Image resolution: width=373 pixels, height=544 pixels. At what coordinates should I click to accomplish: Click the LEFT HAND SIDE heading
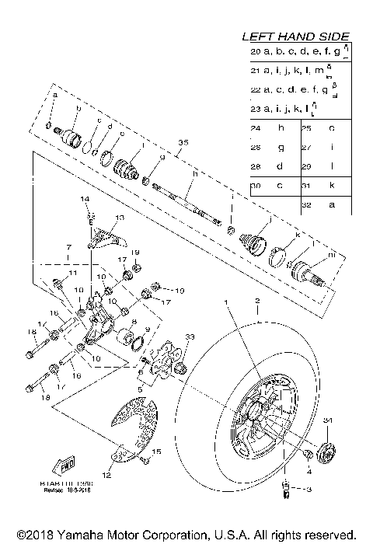(x=296, y=37)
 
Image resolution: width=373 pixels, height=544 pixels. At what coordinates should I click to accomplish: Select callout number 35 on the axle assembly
(x=183, y=142)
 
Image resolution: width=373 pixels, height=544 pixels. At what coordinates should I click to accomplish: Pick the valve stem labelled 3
(x=284, y=490)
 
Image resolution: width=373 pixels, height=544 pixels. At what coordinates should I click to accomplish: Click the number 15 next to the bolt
(x=155, y=452)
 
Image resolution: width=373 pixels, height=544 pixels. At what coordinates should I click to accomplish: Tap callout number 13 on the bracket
(x=119, y=218)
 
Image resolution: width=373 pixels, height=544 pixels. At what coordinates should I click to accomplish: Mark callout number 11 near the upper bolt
(x=72, y=274)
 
